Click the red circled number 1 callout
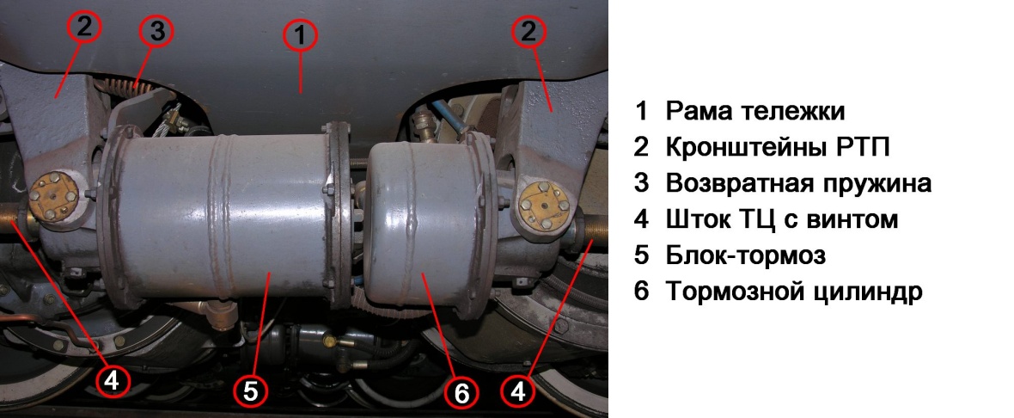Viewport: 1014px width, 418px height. point(300,37)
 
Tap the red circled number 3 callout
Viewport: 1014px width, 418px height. point(156,32)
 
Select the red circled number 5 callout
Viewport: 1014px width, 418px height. point(250,390)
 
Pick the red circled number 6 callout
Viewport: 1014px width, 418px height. point(461,393)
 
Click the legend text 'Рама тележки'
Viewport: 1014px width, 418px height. point(755,111)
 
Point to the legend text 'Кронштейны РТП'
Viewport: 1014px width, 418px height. point(778,148)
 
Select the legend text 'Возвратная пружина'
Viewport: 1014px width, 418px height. point(798,184)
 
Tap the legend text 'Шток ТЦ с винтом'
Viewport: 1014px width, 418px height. point(782,219)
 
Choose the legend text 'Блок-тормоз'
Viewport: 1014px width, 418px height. point(746,255)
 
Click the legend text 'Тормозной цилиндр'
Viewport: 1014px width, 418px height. point(794,292)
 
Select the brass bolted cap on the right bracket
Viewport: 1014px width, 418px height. point(544,204)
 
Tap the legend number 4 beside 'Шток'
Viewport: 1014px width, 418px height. point(641,220)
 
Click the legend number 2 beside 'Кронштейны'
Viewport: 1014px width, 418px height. point(641,148)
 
